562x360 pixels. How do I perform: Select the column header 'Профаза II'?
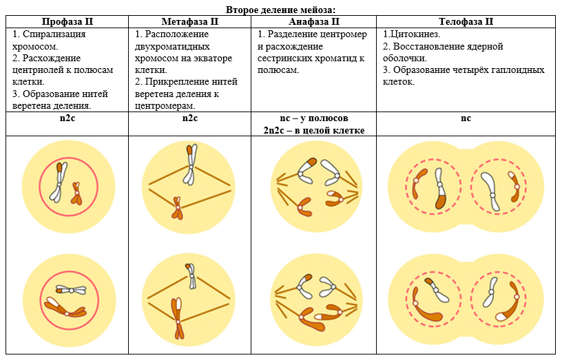pyautogui.click(x=67, y=21)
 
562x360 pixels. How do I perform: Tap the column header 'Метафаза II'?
pyautogui.click(x=190, y=21)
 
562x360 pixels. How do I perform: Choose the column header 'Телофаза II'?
pyautogui.click(x=466, y=21)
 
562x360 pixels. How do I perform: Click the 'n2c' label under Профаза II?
pyautogui.click(x=67, y=118)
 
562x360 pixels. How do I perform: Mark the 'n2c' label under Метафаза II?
pyautogui.click(x=190, y=118)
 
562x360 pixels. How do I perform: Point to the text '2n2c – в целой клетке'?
pyautogui.click(x=314, y=129)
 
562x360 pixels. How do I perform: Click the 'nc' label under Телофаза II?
pyautogui.click(x=466, y=118)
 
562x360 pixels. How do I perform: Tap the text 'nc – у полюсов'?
pyautogui.click(x=314, y=118)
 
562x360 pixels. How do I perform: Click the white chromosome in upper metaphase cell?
pyautogui.click(x=189, y=165)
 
